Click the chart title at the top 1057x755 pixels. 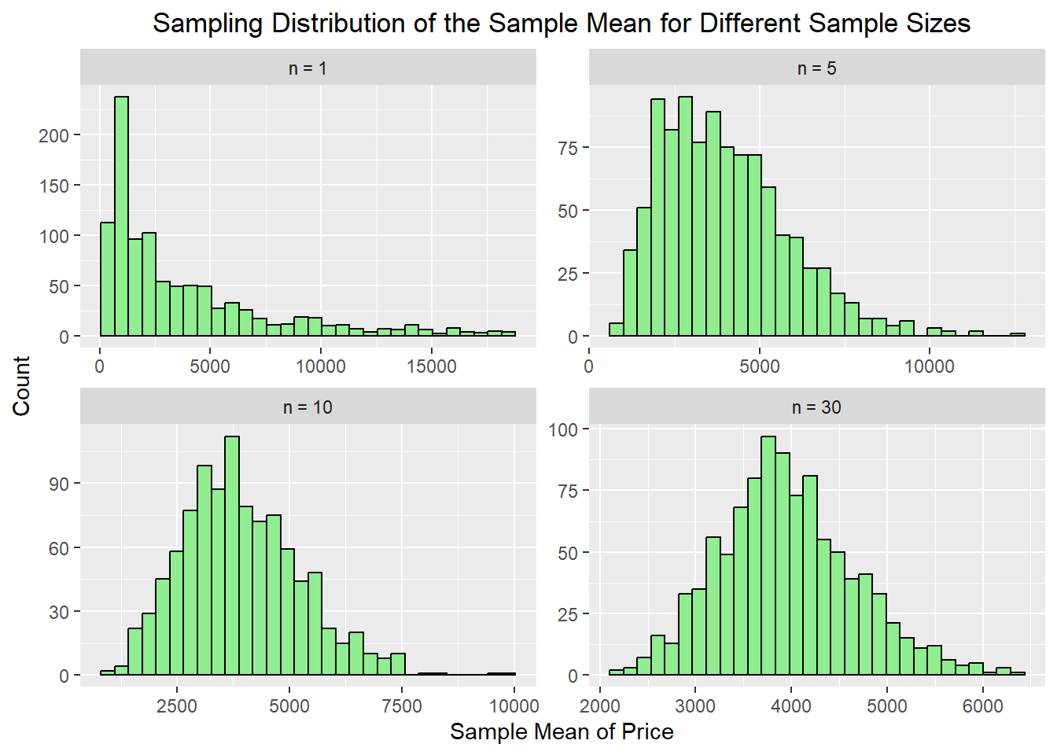561,23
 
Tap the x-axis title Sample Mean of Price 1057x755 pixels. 562,731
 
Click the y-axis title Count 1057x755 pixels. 21,385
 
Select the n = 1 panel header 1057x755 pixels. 308,68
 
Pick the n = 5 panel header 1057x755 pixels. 816,68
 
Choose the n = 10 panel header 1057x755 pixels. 308,407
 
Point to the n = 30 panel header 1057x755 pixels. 816,407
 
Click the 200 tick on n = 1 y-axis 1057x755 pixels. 53,135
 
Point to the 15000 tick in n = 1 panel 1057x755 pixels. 431,366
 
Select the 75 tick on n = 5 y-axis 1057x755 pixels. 567,148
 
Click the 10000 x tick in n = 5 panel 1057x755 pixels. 929,366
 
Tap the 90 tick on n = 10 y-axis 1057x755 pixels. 59,484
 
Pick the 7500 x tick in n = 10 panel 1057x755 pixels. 401,705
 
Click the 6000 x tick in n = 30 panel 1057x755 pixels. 982,705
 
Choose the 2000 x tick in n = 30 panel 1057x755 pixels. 599,705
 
